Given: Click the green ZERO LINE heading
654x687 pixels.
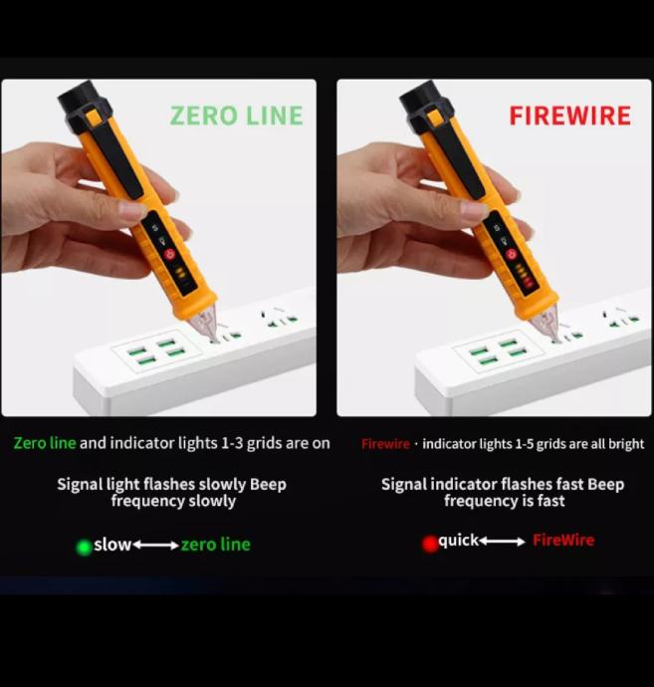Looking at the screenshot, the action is pyautogui.click(x=237, y=115).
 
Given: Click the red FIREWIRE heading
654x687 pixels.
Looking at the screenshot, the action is pyautogui.click(x=570, y=115).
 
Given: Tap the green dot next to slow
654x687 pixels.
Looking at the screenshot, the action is pyautogui.click(x=84, y=548).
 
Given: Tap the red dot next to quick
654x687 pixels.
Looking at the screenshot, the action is pyautogui.click(x=430, y=544).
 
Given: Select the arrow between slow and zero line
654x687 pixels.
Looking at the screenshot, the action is pyautogui.click(x=155, y=545).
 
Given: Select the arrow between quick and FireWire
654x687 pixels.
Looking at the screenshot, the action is pyautogui.click(x=502, y=542).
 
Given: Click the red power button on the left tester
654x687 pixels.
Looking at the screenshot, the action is pyautogui.click(x=169, y=254).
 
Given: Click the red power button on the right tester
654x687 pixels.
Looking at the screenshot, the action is pyautogui.click(x=512, y=254).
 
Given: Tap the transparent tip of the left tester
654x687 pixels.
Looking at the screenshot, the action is pyautogui.click(x=205, y=325).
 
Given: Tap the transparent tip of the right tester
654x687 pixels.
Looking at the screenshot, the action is pyautogui.click(x=547, y=325).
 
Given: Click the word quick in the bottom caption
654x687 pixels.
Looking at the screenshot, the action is pyautogui.click(x=458, y=541).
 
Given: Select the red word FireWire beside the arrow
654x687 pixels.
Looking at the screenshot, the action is pyautogui.click(x=563, y=540).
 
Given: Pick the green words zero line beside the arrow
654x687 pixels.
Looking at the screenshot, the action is pyautogui.click(x=216, y=545).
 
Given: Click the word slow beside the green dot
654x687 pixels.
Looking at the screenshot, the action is pyautogui.click(x=112, y=545).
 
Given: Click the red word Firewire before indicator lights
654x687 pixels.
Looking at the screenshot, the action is pyautogui.click(x=385, y=444).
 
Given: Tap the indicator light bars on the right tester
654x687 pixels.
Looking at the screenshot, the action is pyautogui.click(x=524, y=274).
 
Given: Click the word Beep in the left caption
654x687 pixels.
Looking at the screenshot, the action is pyautogui.click(x=268, y=484).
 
